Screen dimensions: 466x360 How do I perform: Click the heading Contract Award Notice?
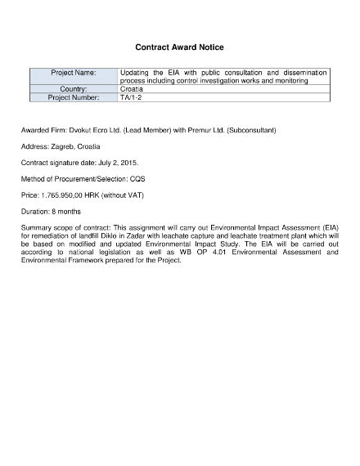point(179,47)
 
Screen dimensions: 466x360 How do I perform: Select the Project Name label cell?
point(74,73)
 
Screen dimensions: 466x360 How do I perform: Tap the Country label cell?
point(74,89)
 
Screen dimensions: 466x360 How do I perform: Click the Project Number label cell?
point(74,97)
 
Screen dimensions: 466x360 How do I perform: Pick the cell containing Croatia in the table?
point(131,89)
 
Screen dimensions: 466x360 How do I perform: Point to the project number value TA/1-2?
point(130,97)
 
